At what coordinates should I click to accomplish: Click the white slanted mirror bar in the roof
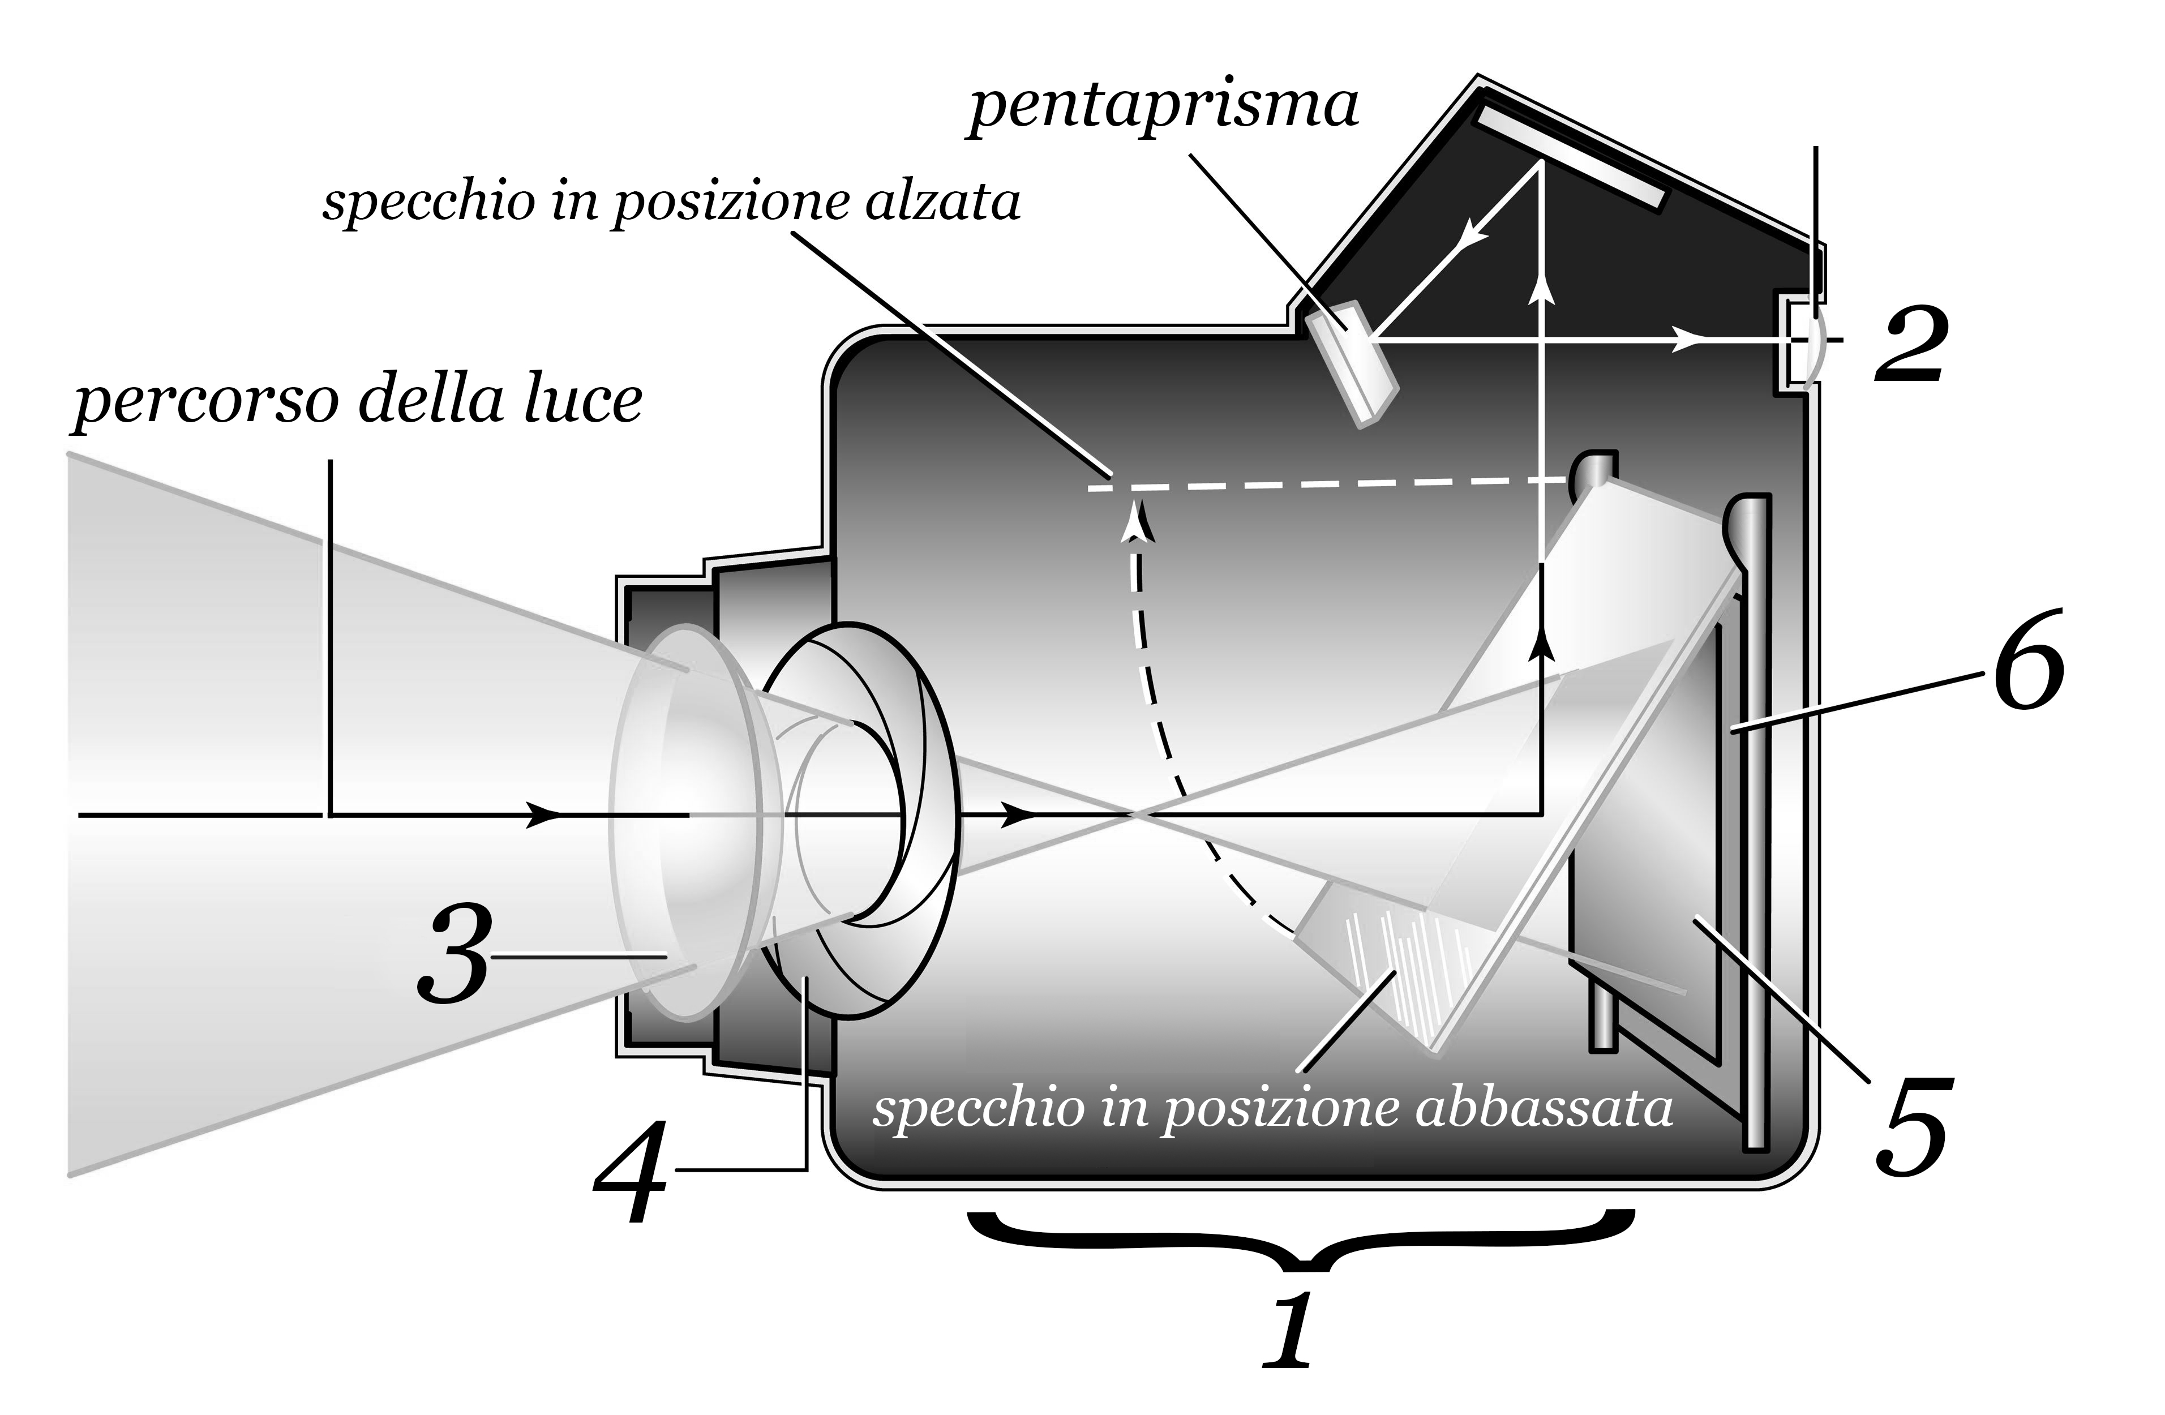(x=1568, y=158)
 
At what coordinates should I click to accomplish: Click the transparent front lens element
(x=691, y=818)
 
